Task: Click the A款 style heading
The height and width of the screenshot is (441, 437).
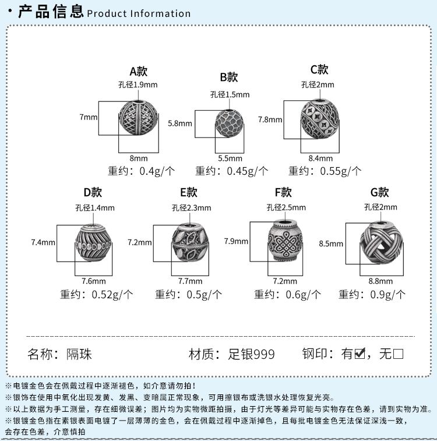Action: click(x=138, y=72)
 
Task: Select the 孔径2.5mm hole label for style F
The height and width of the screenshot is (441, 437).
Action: click(x=286, y=207)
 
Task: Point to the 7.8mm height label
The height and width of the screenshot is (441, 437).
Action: click(x=270, y=119)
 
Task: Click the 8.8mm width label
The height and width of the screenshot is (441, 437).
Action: click(x=380, y=281)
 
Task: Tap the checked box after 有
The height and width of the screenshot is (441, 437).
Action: click(x=360, y=354)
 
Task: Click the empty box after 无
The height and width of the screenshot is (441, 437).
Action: click(x=398, y=354)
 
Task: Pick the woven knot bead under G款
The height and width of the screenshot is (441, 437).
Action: click(x=381, y=243)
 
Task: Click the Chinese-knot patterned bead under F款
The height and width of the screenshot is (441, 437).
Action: click(x=285, y=241)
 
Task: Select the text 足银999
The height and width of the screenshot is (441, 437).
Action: click(x=251, y=354)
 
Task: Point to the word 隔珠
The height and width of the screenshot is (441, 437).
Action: click(x=79, y=354)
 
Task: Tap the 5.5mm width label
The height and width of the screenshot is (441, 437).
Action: click(x=230, y=158)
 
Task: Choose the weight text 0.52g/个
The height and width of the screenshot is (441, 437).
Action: click(x=112, y=294)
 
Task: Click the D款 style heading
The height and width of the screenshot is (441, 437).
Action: click(x=93, y=193)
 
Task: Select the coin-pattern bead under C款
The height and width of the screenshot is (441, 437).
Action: click(x=320, y=119)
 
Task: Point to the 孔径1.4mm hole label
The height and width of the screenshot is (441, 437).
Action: click(x=95, y=208)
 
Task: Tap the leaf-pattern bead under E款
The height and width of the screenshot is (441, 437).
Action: click(x=191, y=242)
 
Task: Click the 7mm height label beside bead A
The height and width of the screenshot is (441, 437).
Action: click(x=89, y=117)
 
